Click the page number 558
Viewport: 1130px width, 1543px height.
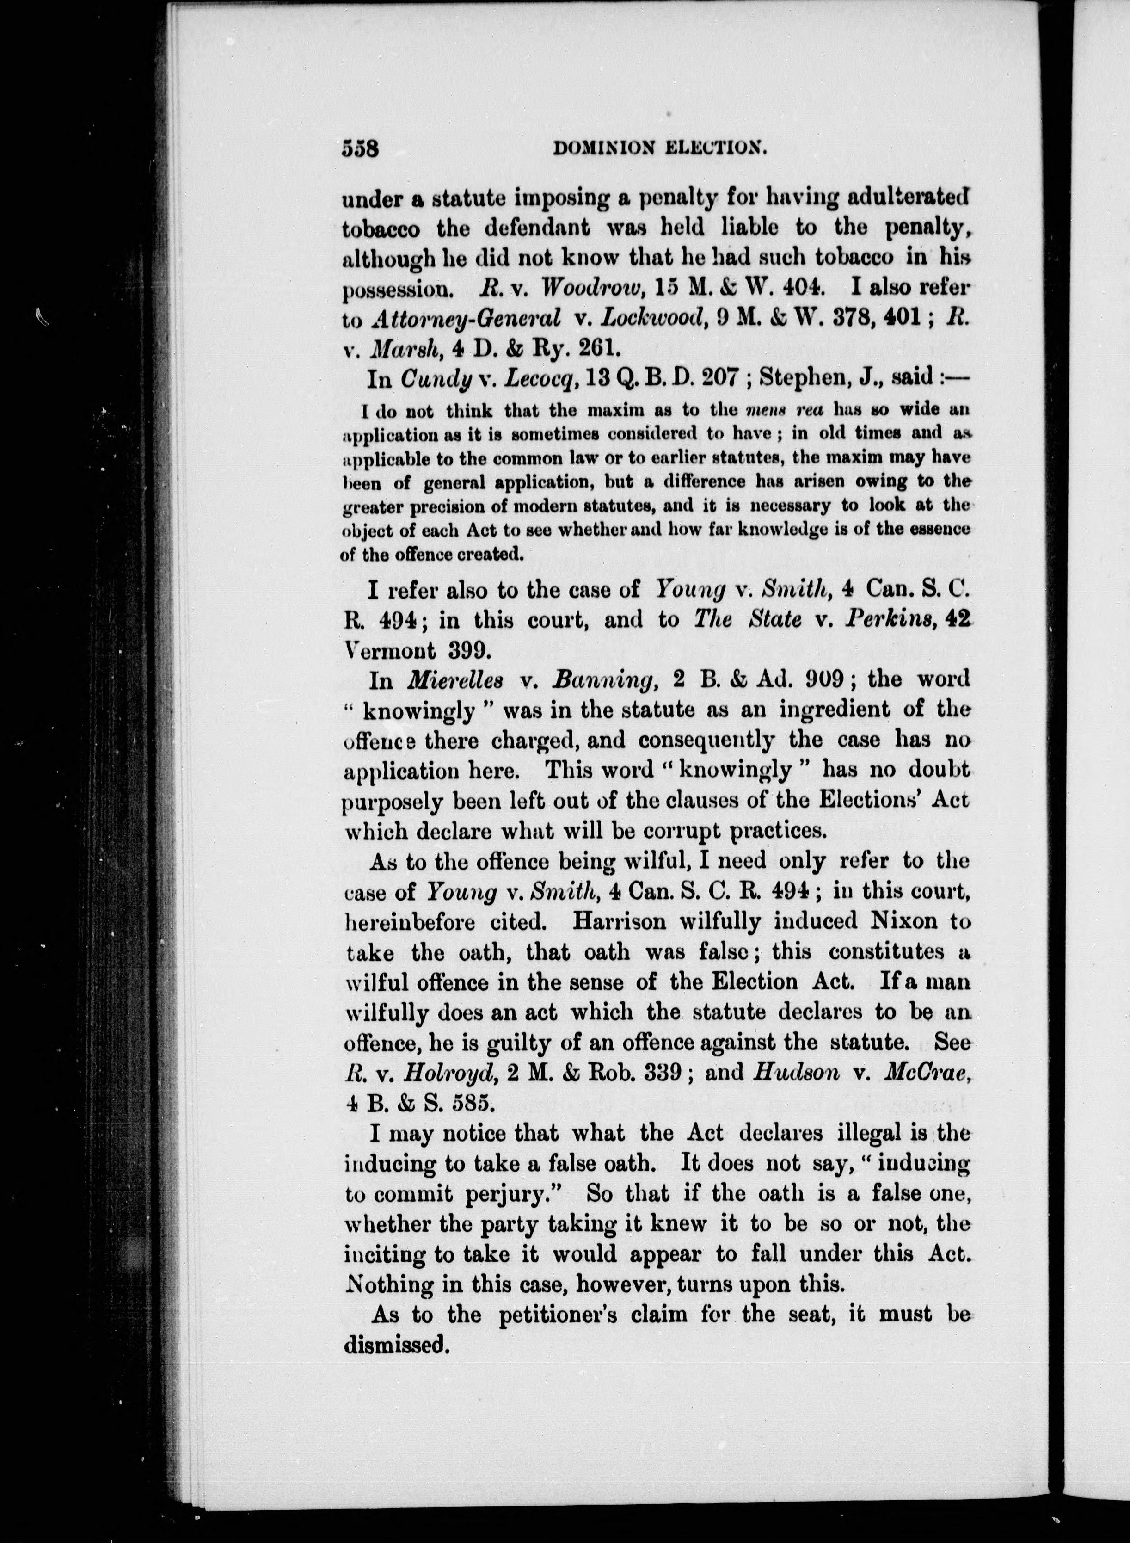(361, 148)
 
